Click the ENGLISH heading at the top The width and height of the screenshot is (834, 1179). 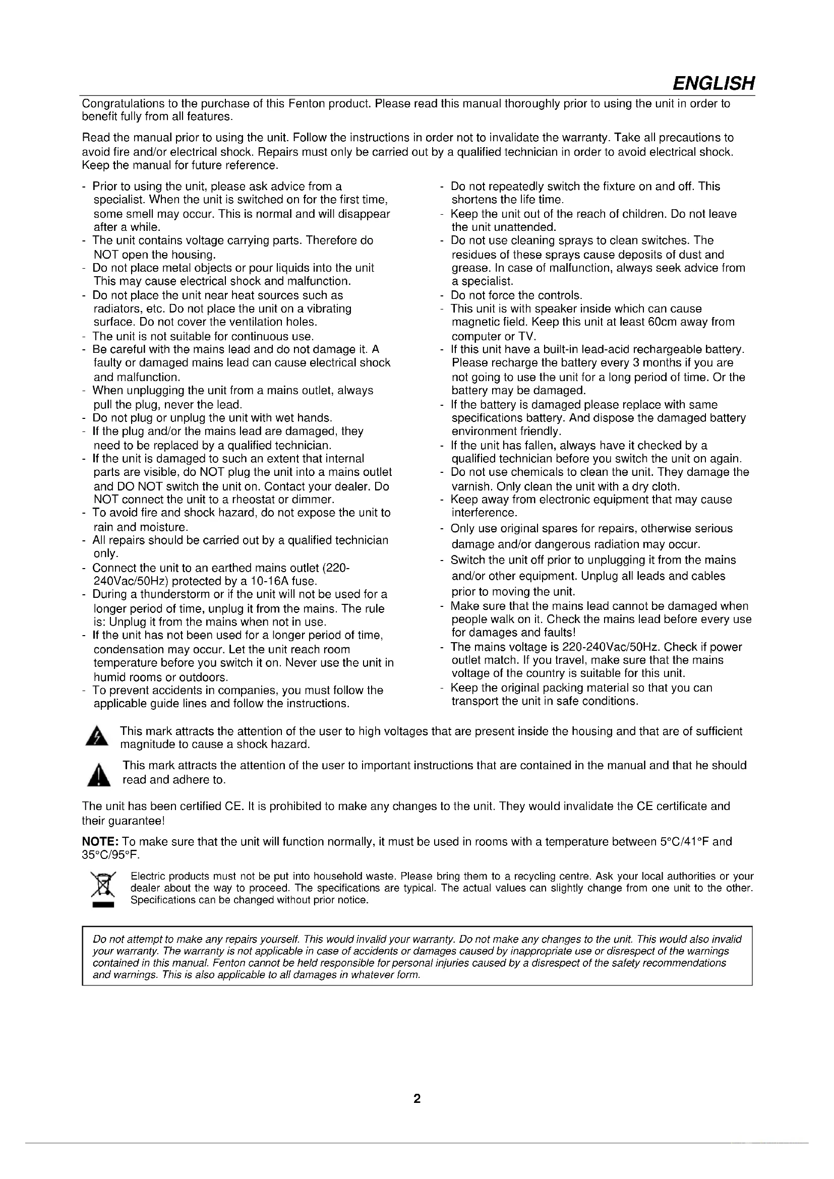point(713,83)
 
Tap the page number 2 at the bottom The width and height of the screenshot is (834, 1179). point(417,1098)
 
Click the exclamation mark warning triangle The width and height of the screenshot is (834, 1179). point(98,775)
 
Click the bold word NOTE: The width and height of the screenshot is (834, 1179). point(101,842)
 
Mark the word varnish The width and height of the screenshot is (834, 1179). point(469,486)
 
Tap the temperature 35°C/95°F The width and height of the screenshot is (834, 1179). point(110,855)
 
